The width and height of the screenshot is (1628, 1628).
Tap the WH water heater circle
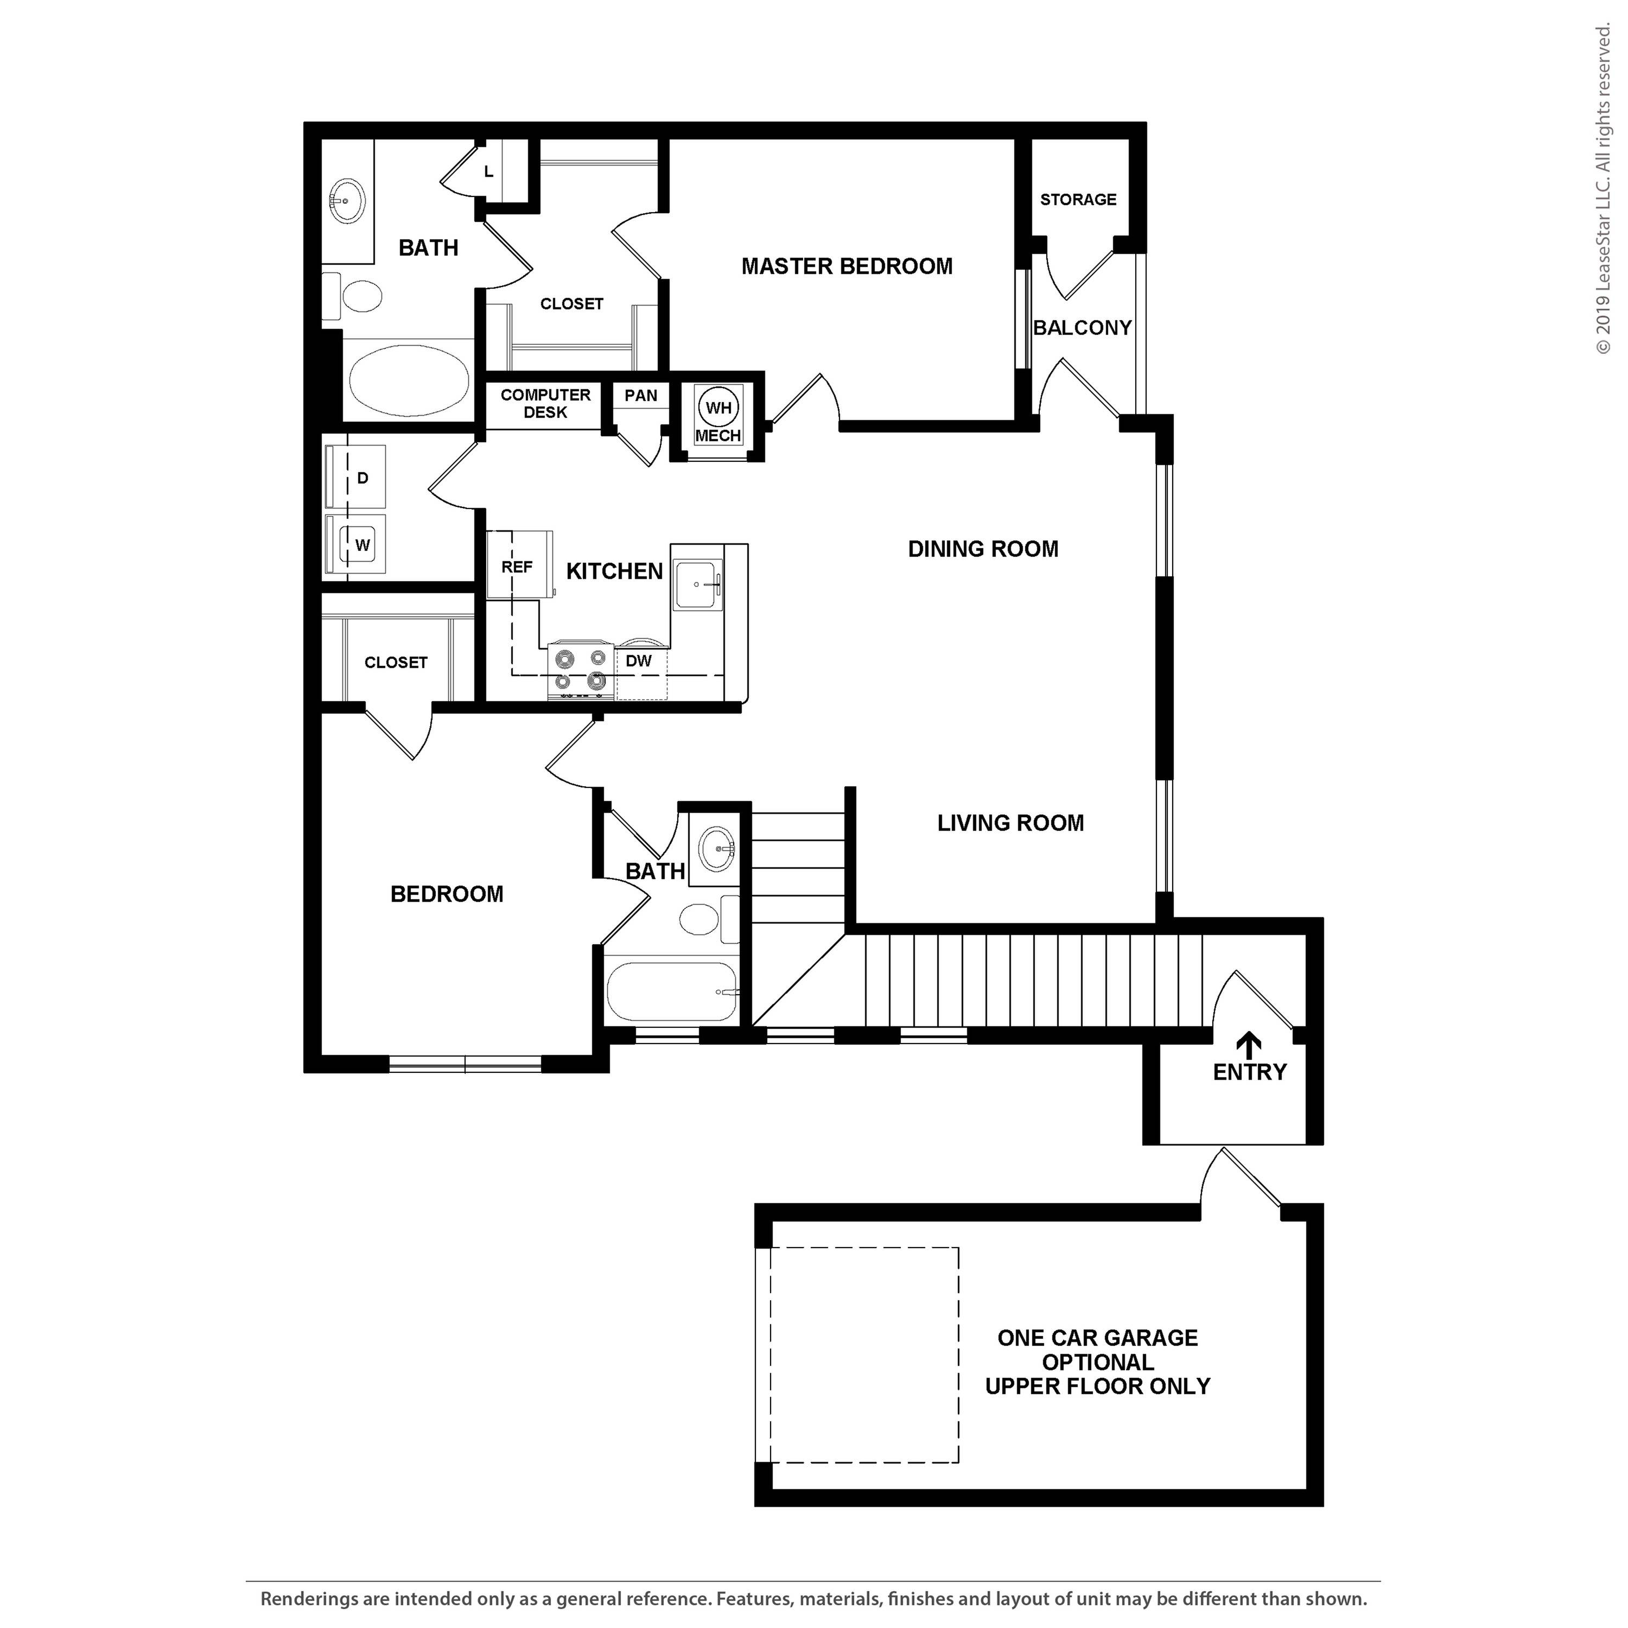tap(718, 409)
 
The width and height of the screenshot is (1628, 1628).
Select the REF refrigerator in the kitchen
tap(517, 567)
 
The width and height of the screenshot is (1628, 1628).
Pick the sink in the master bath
tap(346, 201)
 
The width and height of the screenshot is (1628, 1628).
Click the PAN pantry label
tap(640, 395)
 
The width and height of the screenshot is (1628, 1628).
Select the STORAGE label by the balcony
tap(1078, 200)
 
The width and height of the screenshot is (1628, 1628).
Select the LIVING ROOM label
tap(1010, 823)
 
